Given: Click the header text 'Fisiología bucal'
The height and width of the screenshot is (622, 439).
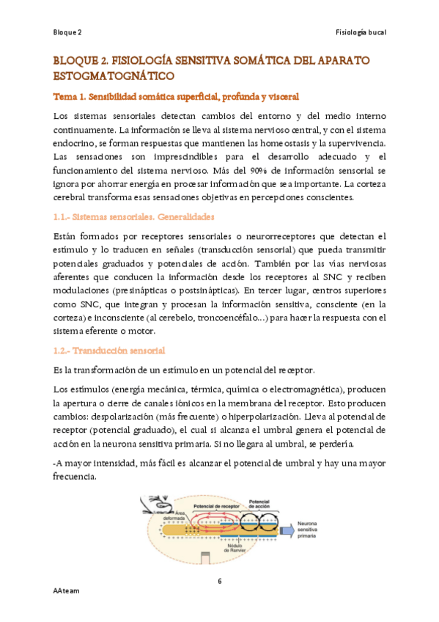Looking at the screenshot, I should coord(360,33).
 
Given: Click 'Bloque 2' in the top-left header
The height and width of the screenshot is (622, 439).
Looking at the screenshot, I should coord(67,33).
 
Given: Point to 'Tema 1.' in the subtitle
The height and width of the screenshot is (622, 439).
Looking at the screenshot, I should coord(70,97).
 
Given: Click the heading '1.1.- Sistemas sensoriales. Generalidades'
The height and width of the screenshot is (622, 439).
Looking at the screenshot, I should coord(133,217).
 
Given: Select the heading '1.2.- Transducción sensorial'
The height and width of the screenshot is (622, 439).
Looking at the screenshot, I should coord(109,351).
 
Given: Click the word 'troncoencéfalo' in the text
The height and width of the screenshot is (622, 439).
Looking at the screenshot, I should coord(236,318).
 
